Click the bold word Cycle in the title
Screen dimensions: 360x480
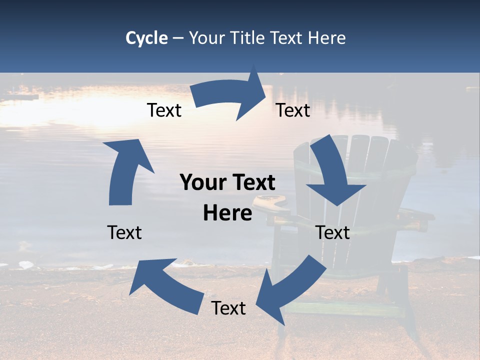[146, 38]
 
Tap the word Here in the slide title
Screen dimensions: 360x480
[327, 38]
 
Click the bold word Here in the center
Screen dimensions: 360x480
[227, 213]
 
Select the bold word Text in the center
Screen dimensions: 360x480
[252, 182]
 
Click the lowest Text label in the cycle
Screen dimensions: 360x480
[228, 308]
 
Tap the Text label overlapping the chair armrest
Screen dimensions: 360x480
[332, 232]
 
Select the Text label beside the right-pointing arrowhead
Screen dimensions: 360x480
[293, 110]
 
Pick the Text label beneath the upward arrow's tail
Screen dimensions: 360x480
[124, 232]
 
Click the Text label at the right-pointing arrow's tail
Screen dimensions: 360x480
[164, 110]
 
